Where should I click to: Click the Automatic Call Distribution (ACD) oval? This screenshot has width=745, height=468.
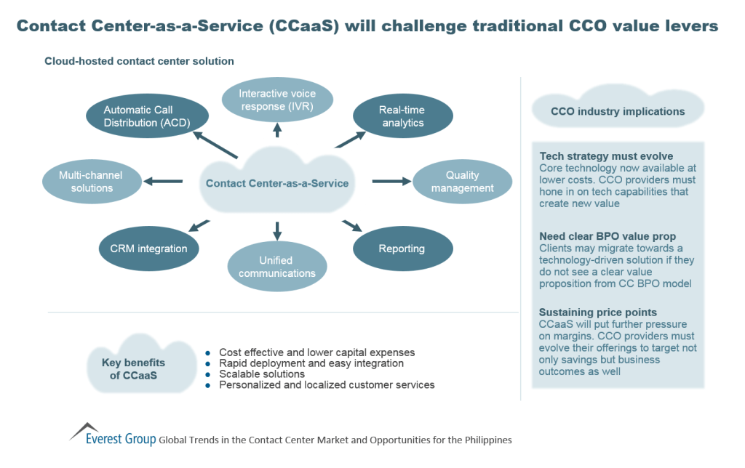pyautogui.click(x=148, y=116)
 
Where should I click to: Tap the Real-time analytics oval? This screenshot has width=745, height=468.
pyautogui.click(x=402, y=116)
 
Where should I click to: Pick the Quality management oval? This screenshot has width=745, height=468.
pyautogui.click(x=463, y=182)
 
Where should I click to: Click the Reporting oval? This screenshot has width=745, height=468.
pyautogui.click(x=402, y=249)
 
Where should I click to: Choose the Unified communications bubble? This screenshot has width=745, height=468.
pyautogui.click(x=277, y=267)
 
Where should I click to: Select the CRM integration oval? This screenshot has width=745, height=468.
pyautogui.click(x=143, y=249)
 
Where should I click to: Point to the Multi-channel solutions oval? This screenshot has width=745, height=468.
pyautogui.click(x=92, y=182)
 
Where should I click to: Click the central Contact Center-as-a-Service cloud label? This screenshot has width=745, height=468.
pyautogui.click(x=277, y=183)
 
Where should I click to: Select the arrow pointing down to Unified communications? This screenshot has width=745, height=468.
pyautogui.click(x=277, y=230)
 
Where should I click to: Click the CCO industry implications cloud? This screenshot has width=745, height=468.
pyautogui.click(x=618, y=112)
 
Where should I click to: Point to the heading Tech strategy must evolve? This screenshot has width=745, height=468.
pyautogui.click(x=606, y=156)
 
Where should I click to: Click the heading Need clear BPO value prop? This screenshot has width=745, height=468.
pyautogui.click(x=607, y=236)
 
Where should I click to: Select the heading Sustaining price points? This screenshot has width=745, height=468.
pyautogui.click(x=598, y=312)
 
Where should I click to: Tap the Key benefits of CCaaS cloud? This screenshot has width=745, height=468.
pyautogui.click(x=138, y=368)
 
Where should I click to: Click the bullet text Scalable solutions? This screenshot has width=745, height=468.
pyautogui.click(x=262, y=374)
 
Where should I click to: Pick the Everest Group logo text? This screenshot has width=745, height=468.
pyautogui.click(x=120, y=439)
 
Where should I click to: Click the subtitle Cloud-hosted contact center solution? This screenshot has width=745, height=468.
pyautogui.click(x=139, y=61)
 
